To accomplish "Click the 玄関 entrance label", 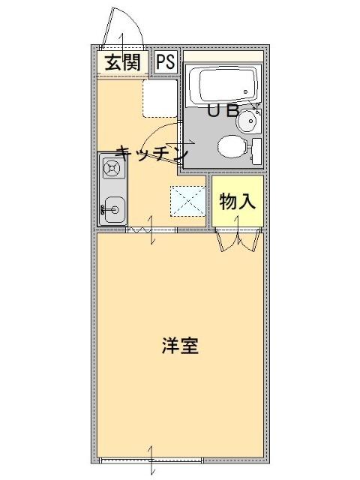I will coord(123,61).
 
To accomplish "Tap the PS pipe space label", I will coord(166,61).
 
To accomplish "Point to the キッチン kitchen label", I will coord(152,152).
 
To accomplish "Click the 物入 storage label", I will coord(238,201).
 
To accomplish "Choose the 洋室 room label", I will coord(180,347).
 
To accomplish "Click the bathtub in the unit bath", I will coord(223,86).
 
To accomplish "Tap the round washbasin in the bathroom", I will coord(247,120).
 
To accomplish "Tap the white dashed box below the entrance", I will coord(160,97).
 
